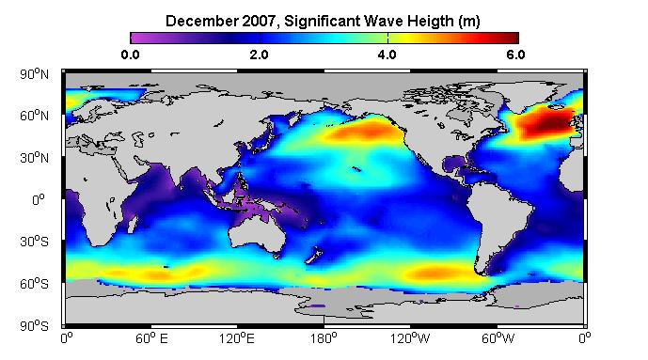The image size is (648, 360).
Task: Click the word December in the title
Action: pos(200,21)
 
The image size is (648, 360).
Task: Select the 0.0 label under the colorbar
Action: pos(130,55)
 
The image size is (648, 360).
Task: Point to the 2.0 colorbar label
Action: pos(260,55)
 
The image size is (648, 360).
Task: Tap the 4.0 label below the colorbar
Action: pos(387,55)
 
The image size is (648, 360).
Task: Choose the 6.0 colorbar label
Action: pos(515,55)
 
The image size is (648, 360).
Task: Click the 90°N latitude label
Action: pos(34,74)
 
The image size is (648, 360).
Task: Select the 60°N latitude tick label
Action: pos(34,116)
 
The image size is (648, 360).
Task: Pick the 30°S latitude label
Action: pos(34,242)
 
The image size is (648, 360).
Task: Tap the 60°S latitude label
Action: pos(34,284)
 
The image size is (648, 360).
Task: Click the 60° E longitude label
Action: pos(151,338)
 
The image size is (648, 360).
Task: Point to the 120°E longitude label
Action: pos(237,338)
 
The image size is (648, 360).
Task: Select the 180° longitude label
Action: pos(324,338)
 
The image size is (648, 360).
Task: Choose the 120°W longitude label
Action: pos(410,338)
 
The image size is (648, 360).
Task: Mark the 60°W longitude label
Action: pos(498,338)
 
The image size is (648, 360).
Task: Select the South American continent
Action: pos(500,219)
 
